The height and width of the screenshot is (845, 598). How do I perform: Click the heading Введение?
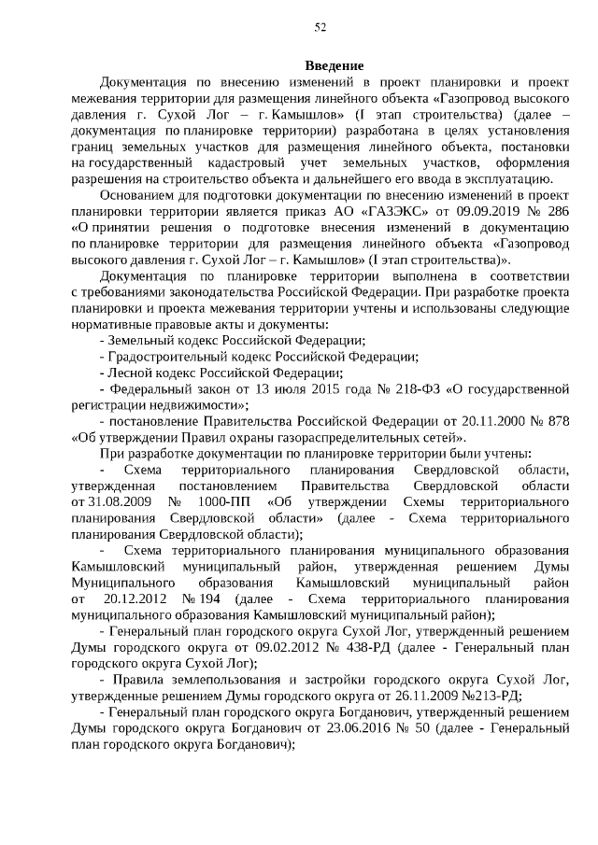[334, 65]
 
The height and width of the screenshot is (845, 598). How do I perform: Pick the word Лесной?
[129, 373]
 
